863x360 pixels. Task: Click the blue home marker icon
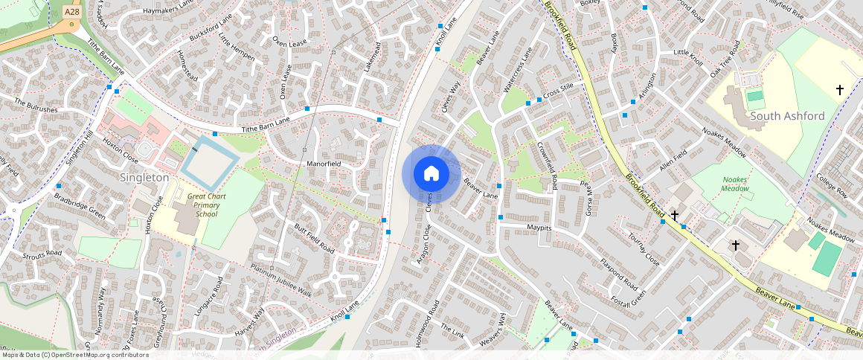coord(431,174)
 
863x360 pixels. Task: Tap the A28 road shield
coord(71,12)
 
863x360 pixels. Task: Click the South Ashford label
coord(787,116)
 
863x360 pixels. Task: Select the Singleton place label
coord(144,178)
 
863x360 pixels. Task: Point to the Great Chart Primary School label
coord(196,205)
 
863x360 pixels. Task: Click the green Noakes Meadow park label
coord(734,184)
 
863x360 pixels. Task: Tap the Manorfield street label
coord(324,163)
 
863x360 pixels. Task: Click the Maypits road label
coord(539,227)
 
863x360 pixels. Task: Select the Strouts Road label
coord(42,254)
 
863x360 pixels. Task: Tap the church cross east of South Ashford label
coord(840,90)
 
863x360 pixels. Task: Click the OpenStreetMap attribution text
coord(74,355)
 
